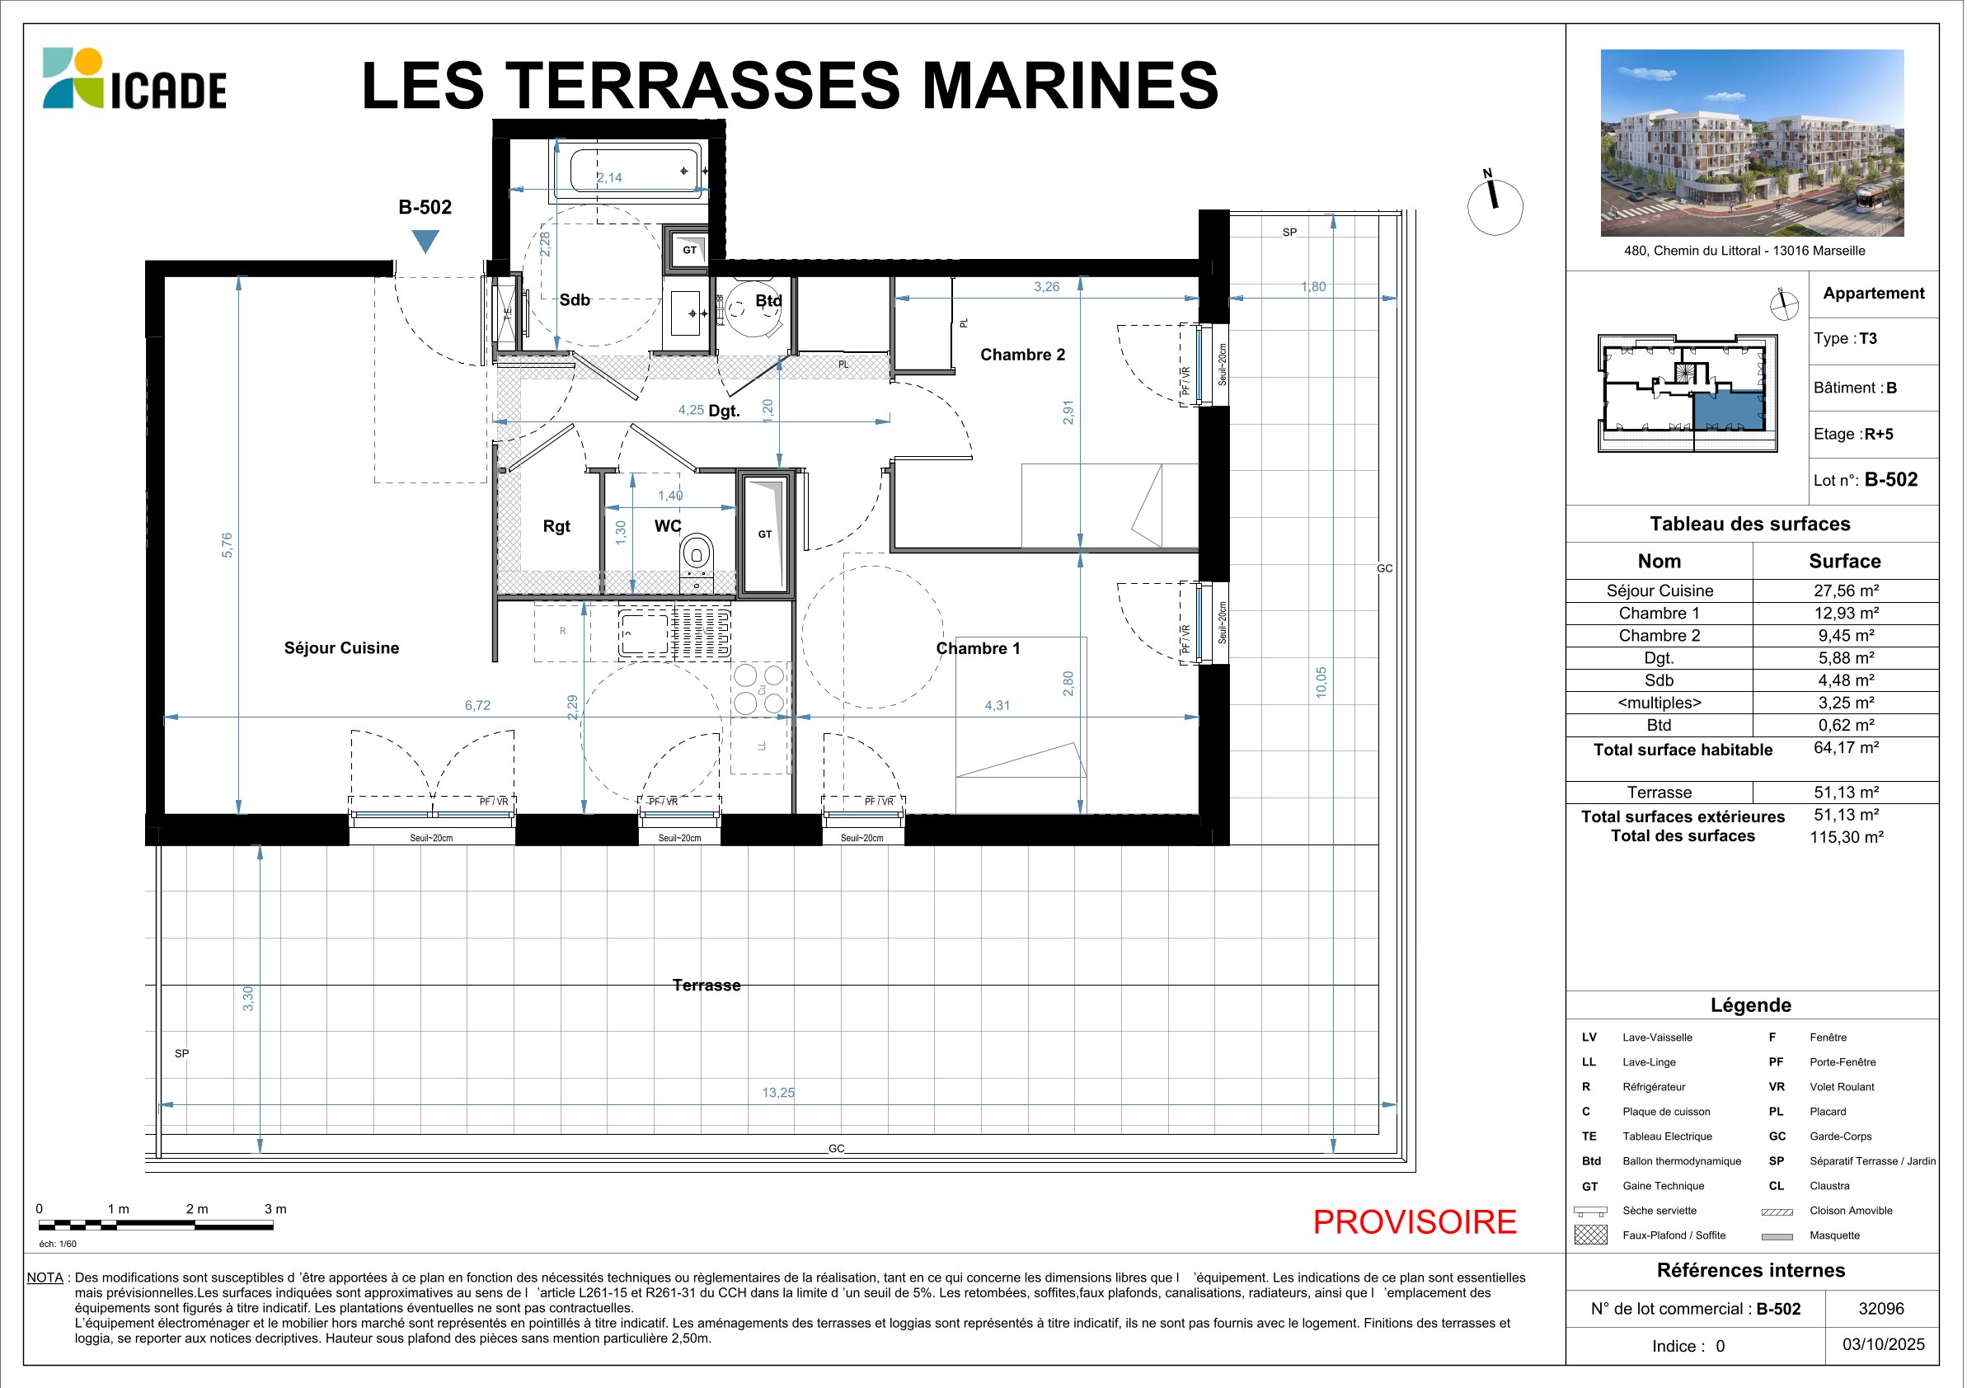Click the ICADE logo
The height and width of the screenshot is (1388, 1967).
click(x=134, y=79)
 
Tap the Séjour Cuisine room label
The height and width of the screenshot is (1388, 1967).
click(x=342, y=647)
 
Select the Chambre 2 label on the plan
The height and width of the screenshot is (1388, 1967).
click(x=1022, y=355)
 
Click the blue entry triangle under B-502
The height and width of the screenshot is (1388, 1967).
click(x=425, y=242)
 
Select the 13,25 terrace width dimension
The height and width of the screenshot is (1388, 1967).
click(x=778, y=1093)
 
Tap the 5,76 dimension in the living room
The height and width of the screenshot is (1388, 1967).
click(x=227, y=546)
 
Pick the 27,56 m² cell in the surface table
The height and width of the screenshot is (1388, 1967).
click(x=1846, y=590)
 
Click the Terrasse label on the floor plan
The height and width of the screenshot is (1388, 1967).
click(x=707, y=986)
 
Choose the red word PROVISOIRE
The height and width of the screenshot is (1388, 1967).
click(x=1415, y=1221)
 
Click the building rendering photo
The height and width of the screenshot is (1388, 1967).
click(x=1752, y=142)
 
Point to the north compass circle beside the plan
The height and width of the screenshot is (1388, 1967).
click(x=1495, y=206)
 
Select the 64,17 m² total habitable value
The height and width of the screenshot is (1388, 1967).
click(x=1846, y=747)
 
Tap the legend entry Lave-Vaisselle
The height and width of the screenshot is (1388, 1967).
click(x=1657, y=1037)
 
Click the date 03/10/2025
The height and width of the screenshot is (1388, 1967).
click(x=1884, y=1344)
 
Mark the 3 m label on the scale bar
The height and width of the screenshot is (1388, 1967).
click(x=276, y=1209)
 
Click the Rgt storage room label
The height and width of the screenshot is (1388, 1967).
click(x=556, y=526)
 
